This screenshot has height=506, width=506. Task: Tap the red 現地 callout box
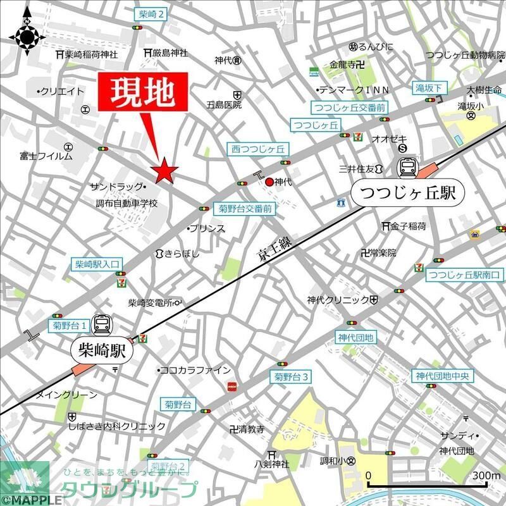pyautogui.click(x=144, y=95)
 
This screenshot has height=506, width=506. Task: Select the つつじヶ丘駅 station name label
pyautogui.click(x=407, y=192)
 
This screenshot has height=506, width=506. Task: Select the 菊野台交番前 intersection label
pyautogui.click(x=245, y=208)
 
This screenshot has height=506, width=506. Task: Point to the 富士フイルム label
pyautogui.click(x=46, y=155)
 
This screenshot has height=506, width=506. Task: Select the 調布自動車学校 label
pyautogui.click(x=127, y=204)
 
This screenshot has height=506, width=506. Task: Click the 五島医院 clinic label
pyautogui.click(x=225, y=105)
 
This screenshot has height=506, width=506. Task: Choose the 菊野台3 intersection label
pyautogui.click(x=291, y=378)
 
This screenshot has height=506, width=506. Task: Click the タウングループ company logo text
pyautogui.click(x=129, y=490)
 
